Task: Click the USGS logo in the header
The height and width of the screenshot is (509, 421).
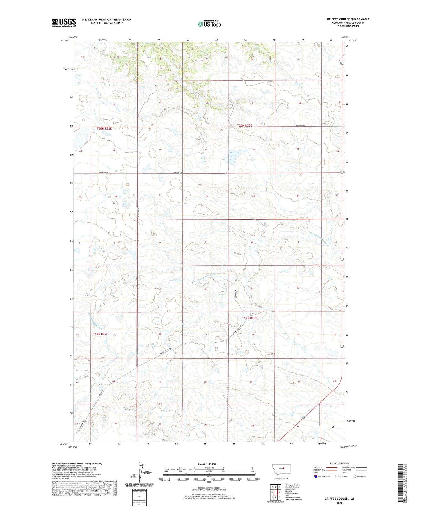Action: click(64, 22)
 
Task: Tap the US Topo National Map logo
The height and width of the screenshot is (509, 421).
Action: click(209, 24)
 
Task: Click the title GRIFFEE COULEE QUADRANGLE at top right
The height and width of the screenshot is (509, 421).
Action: click(348, 19)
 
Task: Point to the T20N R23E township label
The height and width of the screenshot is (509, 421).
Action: click(244, 125)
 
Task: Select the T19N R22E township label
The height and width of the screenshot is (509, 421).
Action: click(100, 334)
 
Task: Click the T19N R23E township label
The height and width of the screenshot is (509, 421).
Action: click(250, 318)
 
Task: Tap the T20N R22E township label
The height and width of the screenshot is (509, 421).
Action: click(104, 129)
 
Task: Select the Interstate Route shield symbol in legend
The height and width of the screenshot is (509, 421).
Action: click(315, 476)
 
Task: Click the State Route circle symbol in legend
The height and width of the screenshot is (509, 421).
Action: click(354, 476)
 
